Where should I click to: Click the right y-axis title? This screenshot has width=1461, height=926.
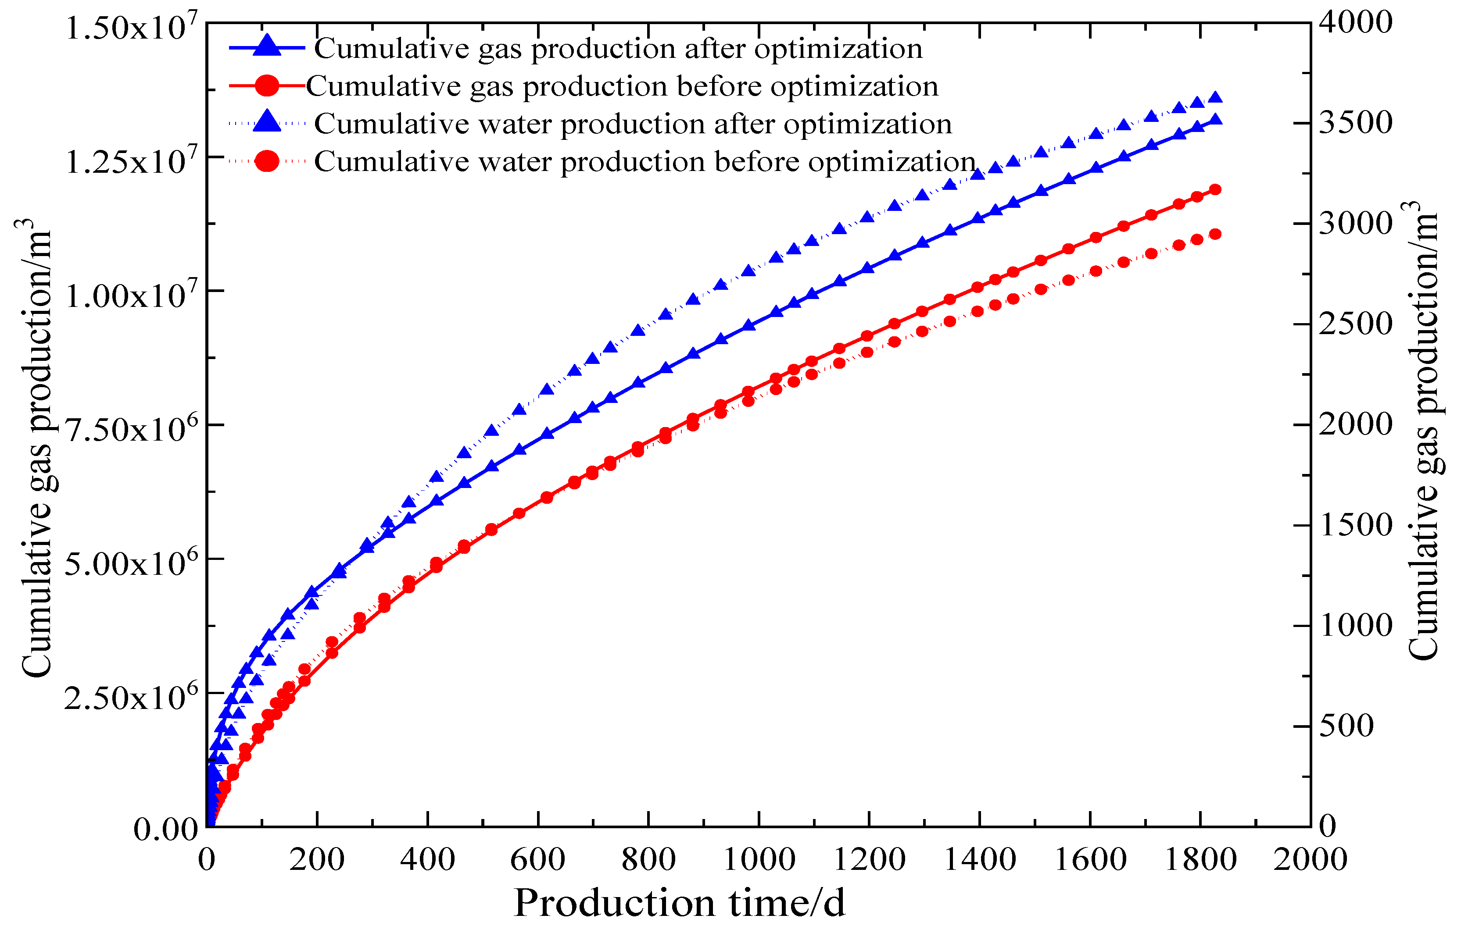(x=1423, y=431)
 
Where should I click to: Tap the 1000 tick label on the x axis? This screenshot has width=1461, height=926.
(x=759, y=859)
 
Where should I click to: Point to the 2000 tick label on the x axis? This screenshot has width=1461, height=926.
(x=1311, y=859)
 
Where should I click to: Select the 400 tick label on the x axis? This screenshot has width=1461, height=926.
(x=427, y=859)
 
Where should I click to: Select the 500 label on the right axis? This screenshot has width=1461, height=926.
(x=1346, y=725)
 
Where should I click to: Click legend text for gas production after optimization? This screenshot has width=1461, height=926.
(x=618, y=49)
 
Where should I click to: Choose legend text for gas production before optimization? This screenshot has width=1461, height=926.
(x=622, y=86)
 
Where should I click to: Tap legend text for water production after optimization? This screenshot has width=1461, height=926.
(x=633, y=124)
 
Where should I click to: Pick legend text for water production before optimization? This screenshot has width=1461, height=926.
(x=645, y=161)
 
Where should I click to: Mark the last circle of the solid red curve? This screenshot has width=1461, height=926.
(x=1215, y=190)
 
